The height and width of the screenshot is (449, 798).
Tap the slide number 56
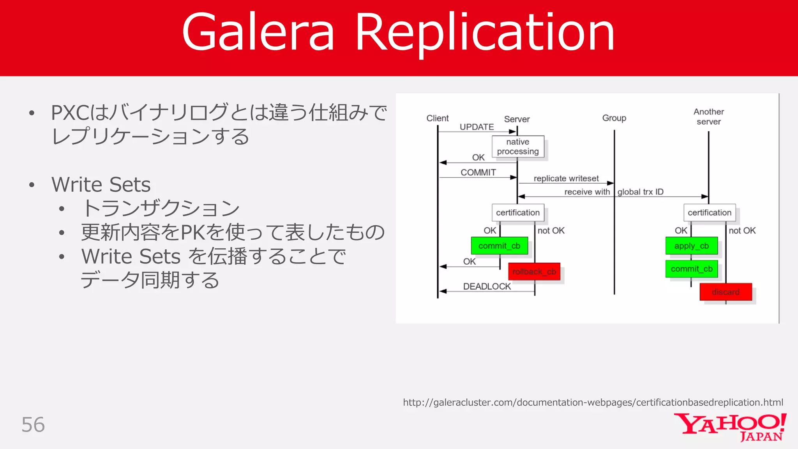[x=33, y=424]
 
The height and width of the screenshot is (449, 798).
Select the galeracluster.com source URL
[x=593, y=402]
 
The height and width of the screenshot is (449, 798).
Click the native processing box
[x=518, y=147]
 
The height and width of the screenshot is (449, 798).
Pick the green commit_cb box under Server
[x=499, y=246]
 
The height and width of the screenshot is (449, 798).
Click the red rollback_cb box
[x=534, y=272]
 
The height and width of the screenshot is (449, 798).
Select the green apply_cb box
[x=691, y=246]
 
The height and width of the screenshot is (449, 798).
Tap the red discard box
[x=726, y=292]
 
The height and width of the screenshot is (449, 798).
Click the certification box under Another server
[x=709, y=212]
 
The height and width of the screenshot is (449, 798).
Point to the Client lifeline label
[x=437, y=118]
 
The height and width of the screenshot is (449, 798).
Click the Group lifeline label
[x=614, y=118]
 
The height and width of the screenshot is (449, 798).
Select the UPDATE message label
[x=477, y=127]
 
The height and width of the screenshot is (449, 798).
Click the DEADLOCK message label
[x=487, y=286]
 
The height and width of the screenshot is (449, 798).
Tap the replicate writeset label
[x=566, y=179]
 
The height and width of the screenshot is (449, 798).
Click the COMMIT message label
[x=478, y=172]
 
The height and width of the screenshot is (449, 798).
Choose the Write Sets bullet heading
[x=101, y=184]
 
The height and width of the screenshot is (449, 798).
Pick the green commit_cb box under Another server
[x=691, y=269]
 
